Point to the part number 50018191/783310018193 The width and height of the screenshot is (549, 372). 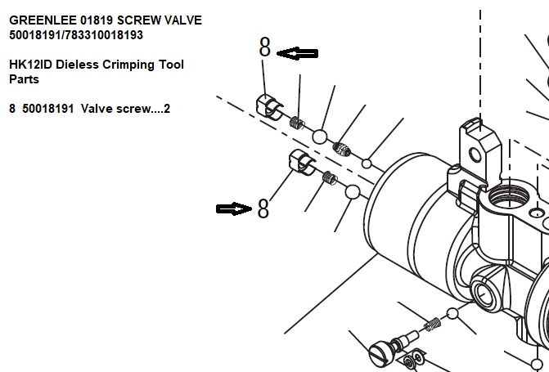[x=76, y=35]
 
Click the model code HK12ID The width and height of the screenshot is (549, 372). [x=31, y=65]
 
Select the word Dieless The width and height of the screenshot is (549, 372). [x=77, y=65]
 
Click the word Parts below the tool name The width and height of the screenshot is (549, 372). [x=25, y=79]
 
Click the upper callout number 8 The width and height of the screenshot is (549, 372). [x=264, y=47]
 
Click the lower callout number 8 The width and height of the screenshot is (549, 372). [x=263, y=208]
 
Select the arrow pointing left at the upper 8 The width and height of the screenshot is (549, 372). [x=297, y=53]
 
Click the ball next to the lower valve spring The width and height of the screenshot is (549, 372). [x=353, y=192]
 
